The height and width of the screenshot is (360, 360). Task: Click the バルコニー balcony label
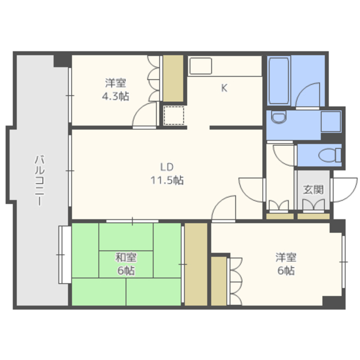[x=39, y=181]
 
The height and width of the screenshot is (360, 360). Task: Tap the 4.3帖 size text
[x=115, y=96]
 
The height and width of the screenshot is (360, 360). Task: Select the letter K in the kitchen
[x=224, y=88]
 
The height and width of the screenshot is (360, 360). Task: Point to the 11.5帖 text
[x=167, y=180]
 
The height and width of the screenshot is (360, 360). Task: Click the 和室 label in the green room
[x=126, y=258]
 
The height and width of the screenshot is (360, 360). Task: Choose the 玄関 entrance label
[x=313, y=190]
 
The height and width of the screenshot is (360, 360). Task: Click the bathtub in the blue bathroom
[x=279, y=81]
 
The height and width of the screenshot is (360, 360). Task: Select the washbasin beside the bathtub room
[x=279, y=116]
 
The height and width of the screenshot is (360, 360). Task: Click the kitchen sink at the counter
[x=201, y=66]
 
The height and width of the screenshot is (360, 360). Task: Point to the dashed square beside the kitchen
[x=174, y=115]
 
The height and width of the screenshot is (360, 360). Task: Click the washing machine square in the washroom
[x=331, y=121]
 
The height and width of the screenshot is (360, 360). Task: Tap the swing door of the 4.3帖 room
[x=145, y=115]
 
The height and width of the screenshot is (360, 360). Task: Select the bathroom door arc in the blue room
[x=308, y=95]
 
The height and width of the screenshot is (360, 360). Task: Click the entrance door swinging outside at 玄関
[x=344, y=190]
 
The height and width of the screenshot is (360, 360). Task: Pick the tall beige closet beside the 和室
[x=196, y=264]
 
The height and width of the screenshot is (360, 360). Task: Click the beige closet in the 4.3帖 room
[x=173, y=78]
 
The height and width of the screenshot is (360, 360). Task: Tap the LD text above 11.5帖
[x=166, y=167]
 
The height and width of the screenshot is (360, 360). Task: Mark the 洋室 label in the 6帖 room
[x=286, y=258]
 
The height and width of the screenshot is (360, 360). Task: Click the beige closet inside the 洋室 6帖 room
[x=219, y=281]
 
